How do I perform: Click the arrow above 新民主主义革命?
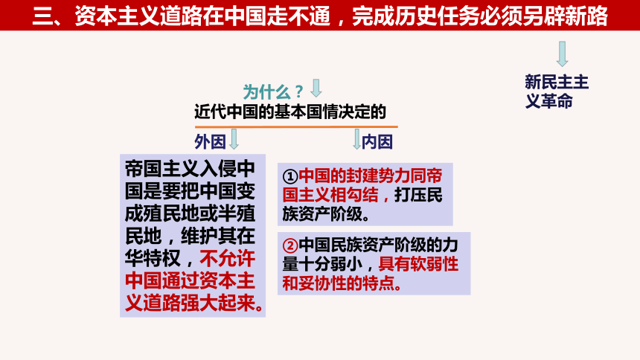(x=563, y=54)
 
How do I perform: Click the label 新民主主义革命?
(x=556, y=91)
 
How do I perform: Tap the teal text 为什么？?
(x=273, y=91)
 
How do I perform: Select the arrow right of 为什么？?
(x=316, y=89)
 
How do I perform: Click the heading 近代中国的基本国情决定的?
(x=290, y=112)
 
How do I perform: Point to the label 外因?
(x=209, y=141)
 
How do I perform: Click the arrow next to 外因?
(x=234, y=139)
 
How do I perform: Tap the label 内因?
(x=378, y=141)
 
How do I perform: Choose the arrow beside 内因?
(x=357, y=139)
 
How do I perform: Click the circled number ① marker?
(x=290, y=176)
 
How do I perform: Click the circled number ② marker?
(x=290, y=245)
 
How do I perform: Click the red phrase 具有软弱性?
(x=418, y=263)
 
